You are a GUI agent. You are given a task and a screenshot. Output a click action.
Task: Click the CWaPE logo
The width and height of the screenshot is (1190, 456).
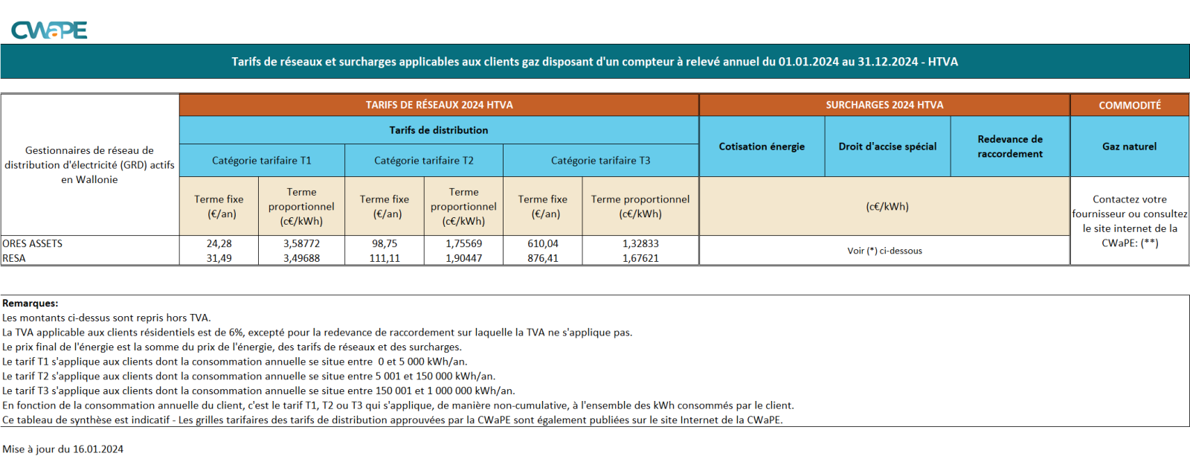tap(49, 30)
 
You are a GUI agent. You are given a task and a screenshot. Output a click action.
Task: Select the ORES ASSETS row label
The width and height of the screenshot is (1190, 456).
tap(33, 243)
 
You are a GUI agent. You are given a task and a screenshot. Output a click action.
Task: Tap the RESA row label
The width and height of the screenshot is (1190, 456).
tap(14, 258)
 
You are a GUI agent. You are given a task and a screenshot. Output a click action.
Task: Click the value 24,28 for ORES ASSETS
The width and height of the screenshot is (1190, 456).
tap(219, 243)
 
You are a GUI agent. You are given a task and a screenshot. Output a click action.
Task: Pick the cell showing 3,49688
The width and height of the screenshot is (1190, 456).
tap(301, 258)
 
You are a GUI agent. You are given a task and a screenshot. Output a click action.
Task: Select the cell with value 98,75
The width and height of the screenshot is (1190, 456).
tap(385, 243)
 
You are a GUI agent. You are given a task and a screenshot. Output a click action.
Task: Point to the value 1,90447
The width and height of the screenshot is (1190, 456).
tap(463, 258)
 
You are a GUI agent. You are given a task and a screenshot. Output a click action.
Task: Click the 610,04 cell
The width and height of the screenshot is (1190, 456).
tap(542, 243)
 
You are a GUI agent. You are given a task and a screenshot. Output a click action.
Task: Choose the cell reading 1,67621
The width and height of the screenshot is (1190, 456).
tap(640, 258)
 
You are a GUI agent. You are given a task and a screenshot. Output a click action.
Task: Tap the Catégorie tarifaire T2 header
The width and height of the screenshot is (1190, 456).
tap(424, 161)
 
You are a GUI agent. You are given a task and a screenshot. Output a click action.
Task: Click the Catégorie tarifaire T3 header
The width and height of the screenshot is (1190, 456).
tap(600, 161)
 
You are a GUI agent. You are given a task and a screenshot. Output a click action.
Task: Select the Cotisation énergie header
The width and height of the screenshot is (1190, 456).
tap(762, 147)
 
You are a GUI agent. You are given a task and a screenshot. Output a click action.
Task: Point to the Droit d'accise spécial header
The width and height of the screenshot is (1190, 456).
tap(887, 147)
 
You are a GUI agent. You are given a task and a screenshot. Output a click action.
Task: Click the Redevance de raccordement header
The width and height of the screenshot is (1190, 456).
tap(1010, 147)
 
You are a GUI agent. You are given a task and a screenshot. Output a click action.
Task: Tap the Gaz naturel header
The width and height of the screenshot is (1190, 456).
tap(1129, 147)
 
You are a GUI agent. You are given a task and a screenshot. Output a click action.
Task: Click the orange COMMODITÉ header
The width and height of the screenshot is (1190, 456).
tap(1130, 105)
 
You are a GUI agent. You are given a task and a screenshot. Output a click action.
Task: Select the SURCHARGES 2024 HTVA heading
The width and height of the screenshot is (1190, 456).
tap(884, 105)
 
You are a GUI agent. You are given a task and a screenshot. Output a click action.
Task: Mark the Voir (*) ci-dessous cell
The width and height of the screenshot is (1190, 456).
tap(884, 251)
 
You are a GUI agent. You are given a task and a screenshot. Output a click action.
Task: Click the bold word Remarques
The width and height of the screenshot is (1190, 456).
tap(30, 304)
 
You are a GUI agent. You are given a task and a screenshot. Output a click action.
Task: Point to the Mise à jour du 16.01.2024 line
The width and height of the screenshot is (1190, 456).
tap(62, 449)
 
